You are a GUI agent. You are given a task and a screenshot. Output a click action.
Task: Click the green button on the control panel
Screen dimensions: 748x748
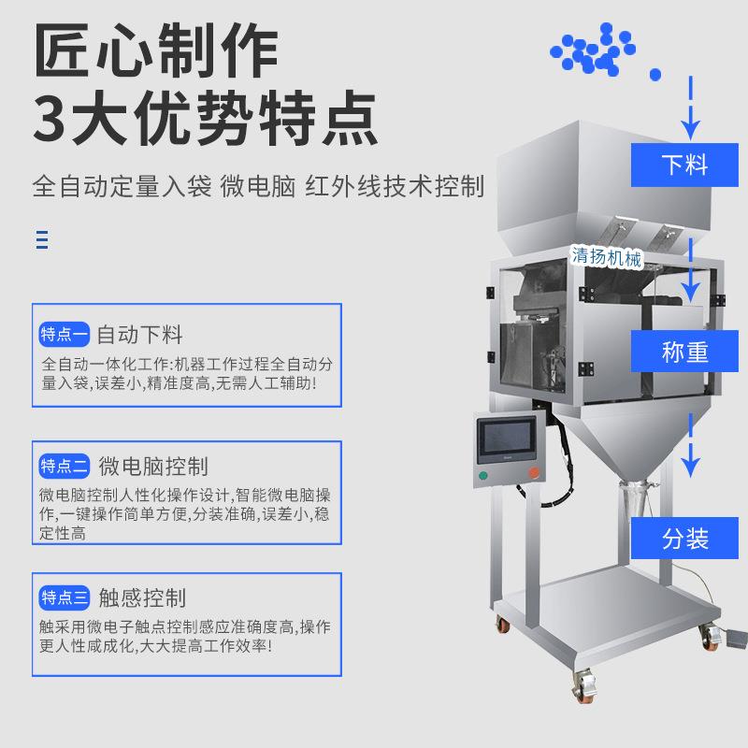(x=484, y=475)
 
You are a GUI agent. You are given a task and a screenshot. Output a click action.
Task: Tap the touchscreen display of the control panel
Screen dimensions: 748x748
(x=508, y=440)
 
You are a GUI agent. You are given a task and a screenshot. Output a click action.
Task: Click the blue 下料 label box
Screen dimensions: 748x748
(x=684, y=165)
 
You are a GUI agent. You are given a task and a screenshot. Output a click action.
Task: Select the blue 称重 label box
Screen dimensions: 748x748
(x=684, y=352)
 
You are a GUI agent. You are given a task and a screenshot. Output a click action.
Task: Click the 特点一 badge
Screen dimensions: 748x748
(x=65, y=334)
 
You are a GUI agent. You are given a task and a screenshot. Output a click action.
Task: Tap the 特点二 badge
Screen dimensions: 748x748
(x=65, y=466)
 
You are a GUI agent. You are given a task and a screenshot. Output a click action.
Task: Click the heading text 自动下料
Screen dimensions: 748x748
(x=140, y=334)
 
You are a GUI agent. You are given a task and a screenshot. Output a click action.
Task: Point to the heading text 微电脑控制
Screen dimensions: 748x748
(x=152, y=466)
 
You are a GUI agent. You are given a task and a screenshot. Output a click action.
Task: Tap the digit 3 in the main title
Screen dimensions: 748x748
(x=53, y=116)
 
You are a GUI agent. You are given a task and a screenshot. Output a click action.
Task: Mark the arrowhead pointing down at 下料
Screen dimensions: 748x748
(x=691, y=128)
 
